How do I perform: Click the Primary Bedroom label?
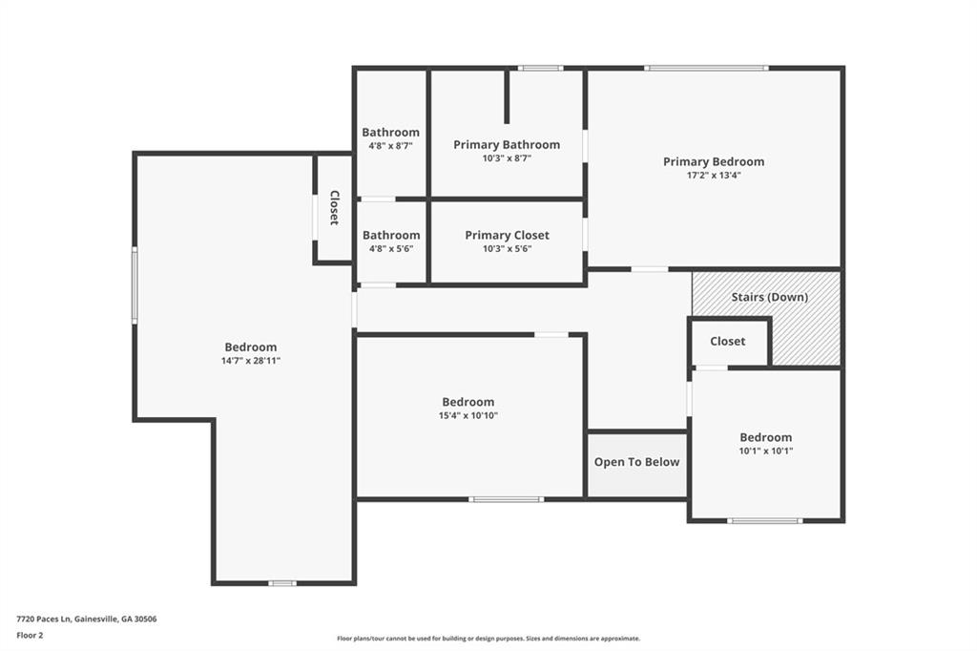click(x=714, y=162)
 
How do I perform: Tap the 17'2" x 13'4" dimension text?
click(x=714, y=176)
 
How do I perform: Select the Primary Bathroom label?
click(x=507, y=145)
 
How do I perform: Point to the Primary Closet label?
click(x=508, y=235)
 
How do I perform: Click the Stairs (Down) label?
click(x=770, y=297)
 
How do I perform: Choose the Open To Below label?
click(x=636, y=462)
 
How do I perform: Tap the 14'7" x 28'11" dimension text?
click(x=251, y=361)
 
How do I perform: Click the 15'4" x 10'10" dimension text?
click(x=468, y=416)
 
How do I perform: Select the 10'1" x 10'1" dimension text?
click(x=766, y=451)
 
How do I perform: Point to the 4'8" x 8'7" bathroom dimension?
click(x=390, y=146)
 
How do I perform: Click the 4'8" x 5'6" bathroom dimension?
click(x=391, y=249)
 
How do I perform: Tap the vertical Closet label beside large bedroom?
click(x=334, y=208)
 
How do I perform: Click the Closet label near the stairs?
click(x=728, y=341)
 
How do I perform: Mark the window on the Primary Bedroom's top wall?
click(x=707, y=68)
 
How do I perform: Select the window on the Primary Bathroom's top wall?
click(x=540, y=68)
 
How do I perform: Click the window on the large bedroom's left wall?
click(x=135, y=285)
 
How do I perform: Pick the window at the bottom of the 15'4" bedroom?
click(x=507, y=499)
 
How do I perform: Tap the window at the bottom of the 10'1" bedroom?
click(x=765, y=520)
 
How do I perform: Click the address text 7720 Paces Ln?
click(x=44, y=619)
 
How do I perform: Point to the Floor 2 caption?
click(x=30, y=636)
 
